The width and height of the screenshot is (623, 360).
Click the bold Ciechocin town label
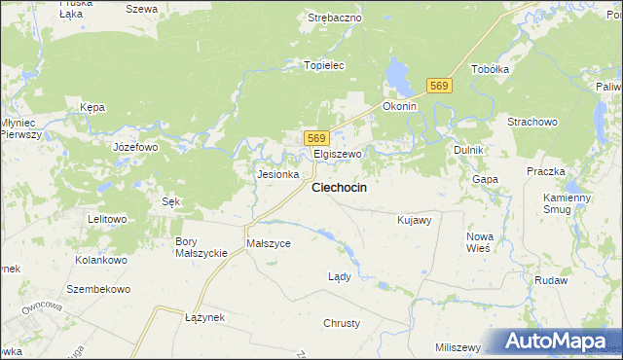click(x=339, y=188)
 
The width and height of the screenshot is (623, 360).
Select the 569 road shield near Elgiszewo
click(x=315, y=138)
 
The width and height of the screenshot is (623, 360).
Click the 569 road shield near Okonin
click(x=441, y=88)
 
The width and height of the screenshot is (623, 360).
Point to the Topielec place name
click(x=325, y=65)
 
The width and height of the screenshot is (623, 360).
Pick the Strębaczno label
click(x=335, y=18)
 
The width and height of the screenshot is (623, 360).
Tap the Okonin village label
click(x=400, y=106)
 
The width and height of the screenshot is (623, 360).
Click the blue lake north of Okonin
click(x=397, y=73)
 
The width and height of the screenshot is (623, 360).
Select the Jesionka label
click(x=276, y=175)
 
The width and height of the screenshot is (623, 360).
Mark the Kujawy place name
click(x=415, y=220)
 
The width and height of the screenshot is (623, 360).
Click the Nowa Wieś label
click(x=479, y=242)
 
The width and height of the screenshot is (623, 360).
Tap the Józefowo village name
click(x=135, y=147)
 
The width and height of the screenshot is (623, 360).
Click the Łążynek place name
click(x=204, y=317)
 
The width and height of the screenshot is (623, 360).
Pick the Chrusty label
click(x=342, y=323)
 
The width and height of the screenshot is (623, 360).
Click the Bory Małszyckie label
click(x=201, y=247)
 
